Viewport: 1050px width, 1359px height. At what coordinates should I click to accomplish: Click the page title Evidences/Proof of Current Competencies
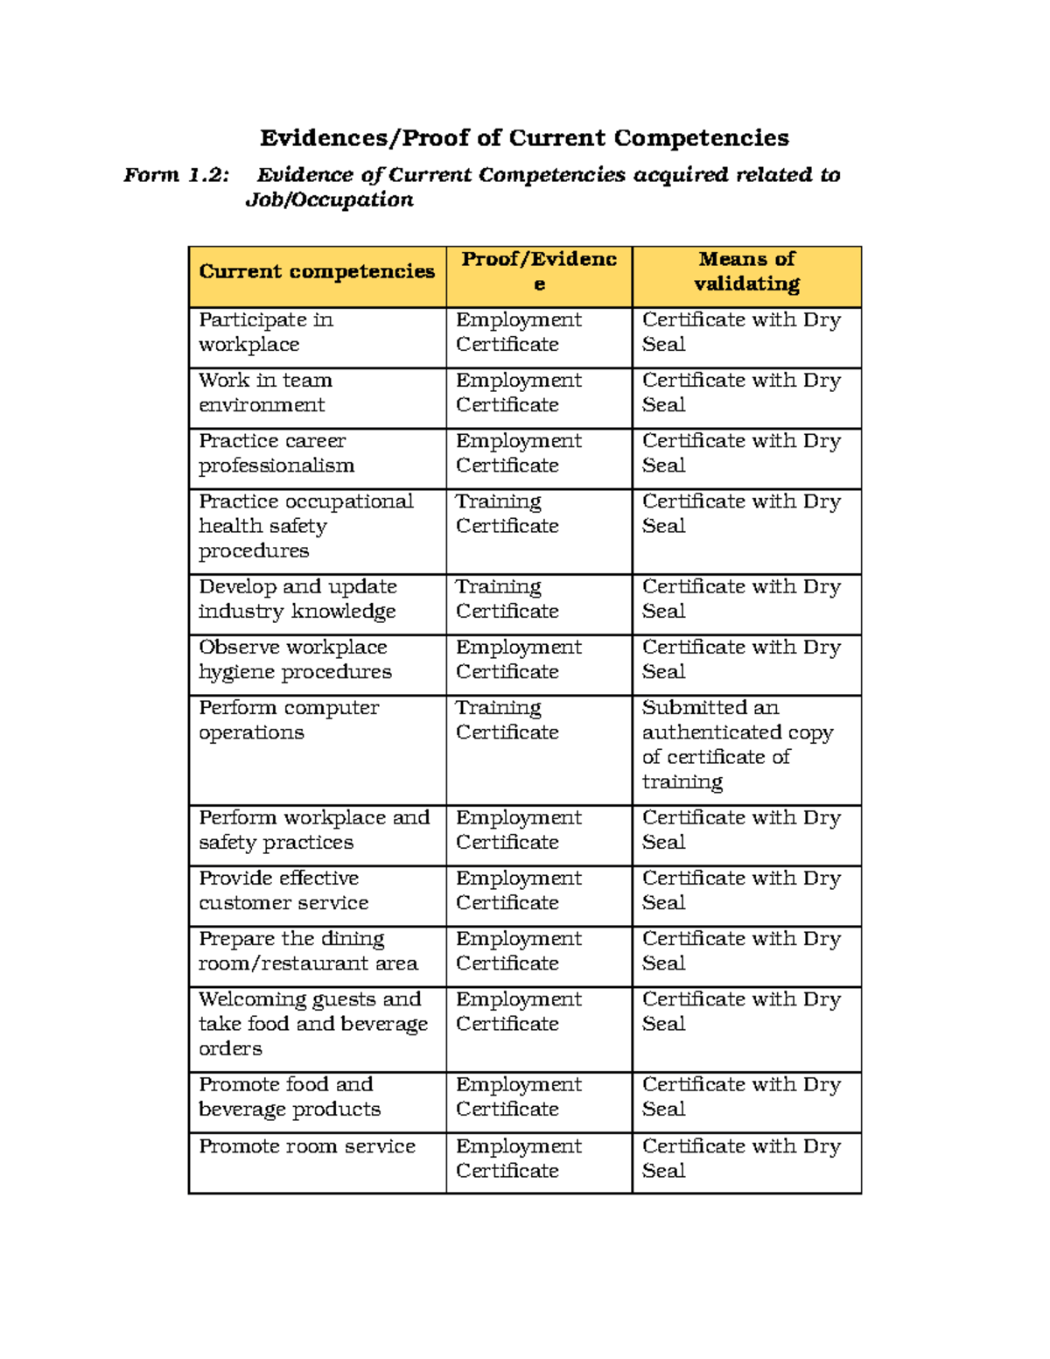tap(524, 138)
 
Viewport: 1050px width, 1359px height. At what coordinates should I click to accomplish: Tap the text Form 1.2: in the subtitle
tap(176, 175)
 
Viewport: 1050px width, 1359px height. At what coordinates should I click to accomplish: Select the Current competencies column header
tap(317, 272)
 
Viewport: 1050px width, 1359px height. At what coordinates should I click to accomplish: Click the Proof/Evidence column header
tap(539, 271)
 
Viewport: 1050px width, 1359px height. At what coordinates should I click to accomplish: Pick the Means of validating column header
tap(746, 271)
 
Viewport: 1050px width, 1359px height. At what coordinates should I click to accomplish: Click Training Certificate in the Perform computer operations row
tap(507, 720)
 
